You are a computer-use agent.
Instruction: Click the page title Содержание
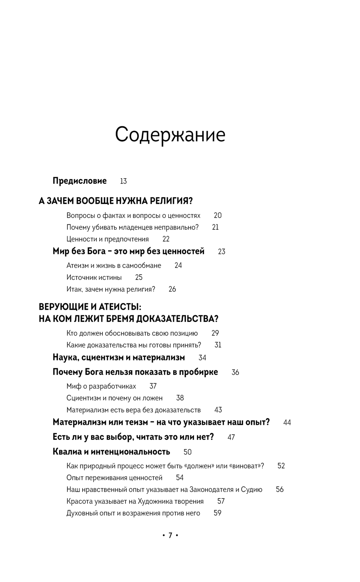[170, 135]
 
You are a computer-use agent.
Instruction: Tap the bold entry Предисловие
[80, 181]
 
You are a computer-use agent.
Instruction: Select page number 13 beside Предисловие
[123, 181]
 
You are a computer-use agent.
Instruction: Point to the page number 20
[217, 215]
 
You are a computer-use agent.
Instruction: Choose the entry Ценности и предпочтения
[107, 239]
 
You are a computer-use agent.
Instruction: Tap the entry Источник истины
[94, 277]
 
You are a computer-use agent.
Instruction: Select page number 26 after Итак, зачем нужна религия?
[172, 289]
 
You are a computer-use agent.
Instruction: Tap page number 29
[215, 333]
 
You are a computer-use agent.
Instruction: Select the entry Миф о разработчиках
[101, 386]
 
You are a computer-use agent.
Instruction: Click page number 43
[218, 410]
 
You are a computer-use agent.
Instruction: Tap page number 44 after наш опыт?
[287, 422]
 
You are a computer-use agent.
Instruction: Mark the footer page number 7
[170, 535]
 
